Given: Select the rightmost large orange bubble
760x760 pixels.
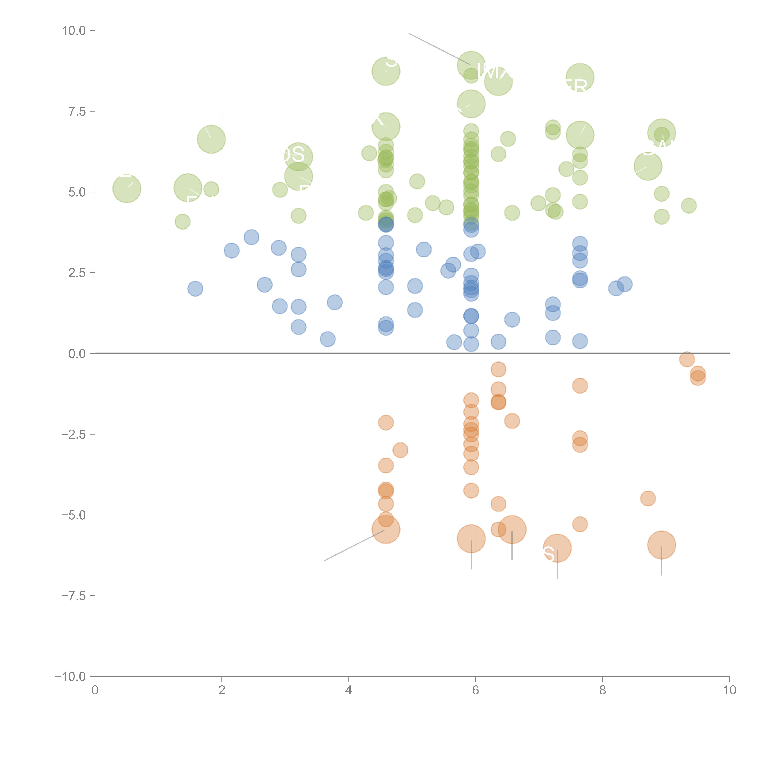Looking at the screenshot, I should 662,545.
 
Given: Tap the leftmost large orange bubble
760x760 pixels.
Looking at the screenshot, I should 386,529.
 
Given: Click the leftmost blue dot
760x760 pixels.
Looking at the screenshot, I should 195,289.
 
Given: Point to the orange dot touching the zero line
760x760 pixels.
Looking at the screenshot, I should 687,359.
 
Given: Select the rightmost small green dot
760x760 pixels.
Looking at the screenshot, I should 689,205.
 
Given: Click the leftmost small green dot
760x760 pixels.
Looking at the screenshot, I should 183,222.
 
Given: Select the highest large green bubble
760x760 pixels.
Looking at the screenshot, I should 471,65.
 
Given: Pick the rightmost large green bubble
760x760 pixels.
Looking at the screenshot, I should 662,133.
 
